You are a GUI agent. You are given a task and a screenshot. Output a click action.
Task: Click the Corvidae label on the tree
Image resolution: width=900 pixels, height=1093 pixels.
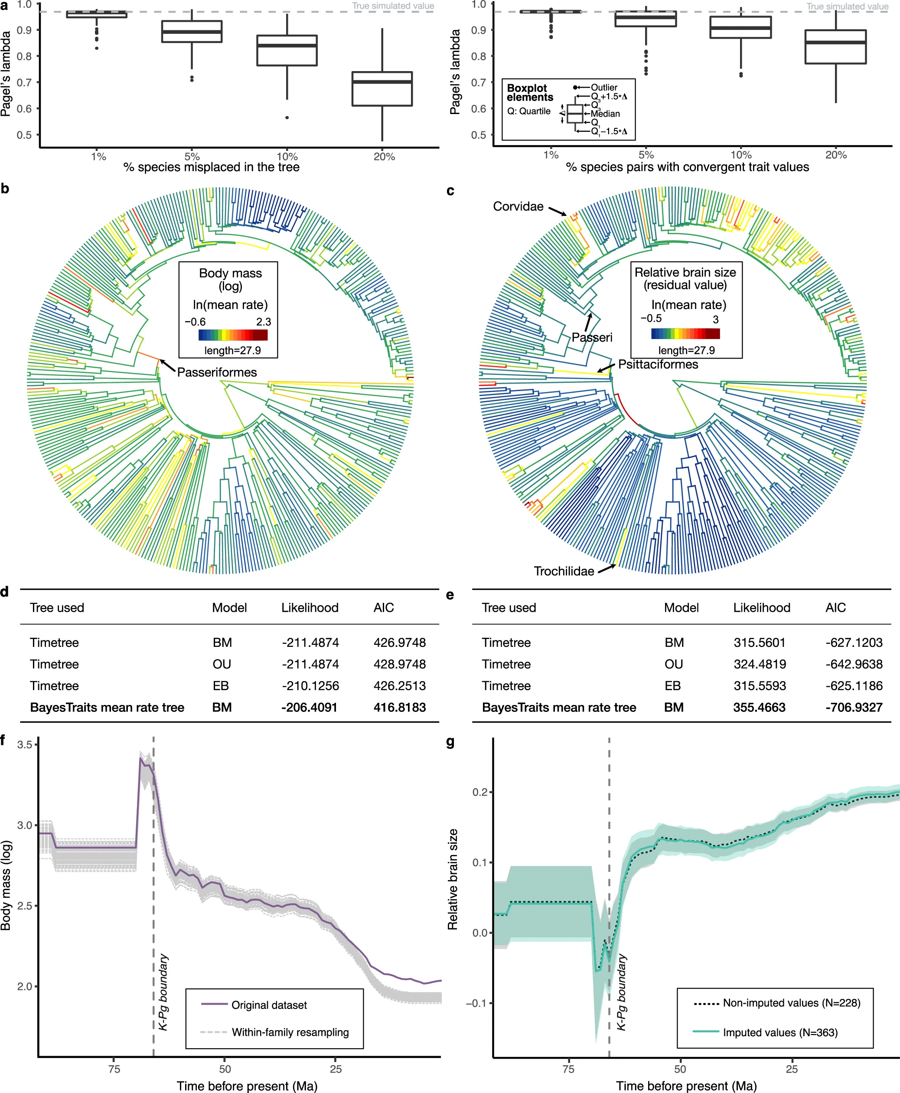coord(518,206)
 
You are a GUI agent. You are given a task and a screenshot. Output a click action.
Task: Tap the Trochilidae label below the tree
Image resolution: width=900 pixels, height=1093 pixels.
coord(564,571)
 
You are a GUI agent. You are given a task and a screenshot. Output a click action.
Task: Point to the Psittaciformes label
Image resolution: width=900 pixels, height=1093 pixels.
coord(658,365)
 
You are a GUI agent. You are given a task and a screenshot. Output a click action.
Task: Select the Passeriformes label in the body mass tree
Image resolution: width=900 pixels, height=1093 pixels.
coord(217,372)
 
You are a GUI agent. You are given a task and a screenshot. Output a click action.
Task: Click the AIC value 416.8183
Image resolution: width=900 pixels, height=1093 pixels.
coord(399,707)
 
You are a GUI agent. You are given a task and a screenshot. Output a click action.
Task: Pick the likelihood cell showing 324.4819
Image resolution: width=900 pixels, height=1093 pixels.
coord(760,664)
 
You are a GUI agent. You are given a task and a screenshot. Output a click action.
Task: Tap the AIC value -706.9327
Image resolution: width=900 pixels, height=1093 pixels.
coord(854,707)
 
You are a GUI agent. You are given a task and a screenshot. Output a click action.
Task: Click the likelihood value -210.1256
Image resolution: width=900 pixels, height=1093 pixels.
coord(310,685)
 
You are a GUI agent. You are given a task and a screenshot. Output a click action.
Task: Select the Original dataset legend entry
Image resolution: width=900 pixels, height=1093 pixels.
coord(254,1005)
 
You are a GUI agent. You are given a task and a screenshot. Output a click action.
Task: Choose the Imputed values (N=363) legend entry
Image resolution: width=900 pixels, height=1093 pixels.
coord(765,1032)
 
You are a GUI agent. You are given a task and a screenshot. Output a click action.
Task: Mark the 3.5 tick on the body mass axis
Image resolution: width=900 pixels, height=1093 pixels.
coord(24,744)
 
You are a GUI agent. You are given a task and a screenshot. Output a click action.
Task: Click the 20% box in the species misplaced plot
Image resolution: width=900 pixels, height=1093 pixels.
coord(382,89)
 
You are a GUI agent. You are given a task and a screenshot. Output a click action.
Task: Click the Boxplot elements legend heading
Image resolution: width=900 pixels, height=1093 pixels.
coord(530,93)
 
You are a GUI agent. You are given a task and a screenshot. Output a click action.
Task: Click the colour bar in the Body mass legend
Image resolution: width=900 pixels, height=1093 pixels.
coord(233,335)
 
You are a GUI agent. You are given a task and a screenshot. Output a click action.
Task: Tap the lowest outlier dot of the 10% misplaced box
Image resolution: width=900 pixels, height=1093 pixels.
coord(287,117)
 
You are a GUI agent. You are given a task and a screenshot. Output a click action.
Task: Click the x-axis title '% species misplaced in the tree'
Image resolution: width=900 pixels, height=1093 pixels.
coord(212,167)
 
